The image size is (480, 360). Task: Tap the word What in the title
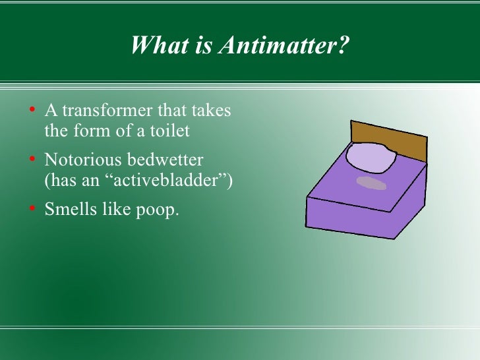pyautogui.click(x=154, y=46)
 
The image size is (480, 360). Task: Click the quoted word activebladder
pyautogui.click(x=164, y=181)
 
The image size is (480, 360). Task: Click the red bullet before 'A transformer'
pyautogui.click(x=32, y=111)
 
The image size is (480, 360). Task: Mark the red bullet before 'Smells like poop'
pyautogui.click(x=32, y=211)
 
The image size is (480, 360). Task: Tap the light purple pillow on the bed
pyautogui.click(x=371, y=159)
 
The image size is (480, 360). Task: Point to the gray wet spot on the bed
pyautogui.click(x=371, y=183)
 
